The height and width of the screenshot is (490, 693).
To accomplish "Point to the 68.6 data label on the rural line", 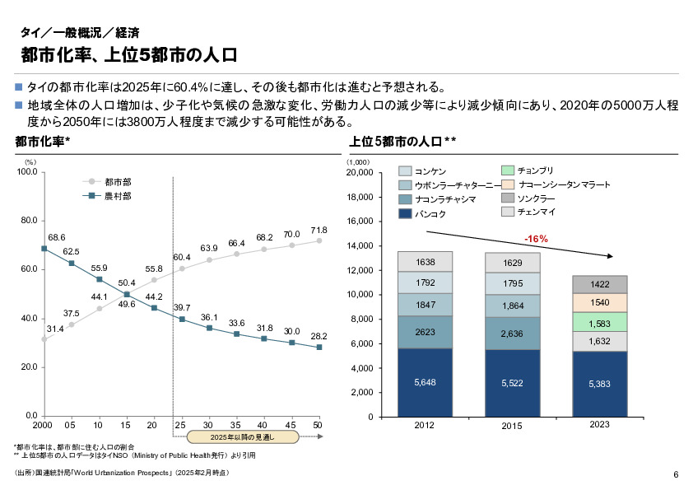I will [57, 237].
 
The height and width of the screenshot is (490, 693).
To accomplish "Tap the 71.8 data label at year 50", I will [319, 230].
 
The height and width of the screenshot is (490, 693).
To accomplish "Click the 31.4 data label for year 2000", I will [54, 329].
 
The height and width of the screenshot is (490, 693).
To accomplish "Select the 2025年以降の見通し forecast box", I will [241, 436].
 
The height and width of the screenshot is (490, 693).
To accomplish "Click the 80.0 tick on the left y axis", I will [27, 221].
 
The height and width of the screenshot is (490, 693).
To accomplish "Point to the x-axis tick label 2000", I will [44, 425].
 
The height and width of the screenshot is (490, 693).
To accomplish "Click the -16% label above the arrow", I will [536, 239].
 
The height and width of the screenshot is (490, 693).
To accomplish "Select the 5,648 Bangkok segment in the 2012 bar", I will [425, 382].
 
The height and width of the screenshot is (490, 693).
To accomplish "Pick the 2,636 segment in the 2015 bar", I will [512, 334].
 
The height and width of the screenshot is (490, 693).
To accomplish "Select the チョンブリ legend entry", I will [534, 170].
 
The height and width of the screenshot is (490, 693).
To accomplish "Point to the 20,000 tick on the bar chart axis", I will [360, 173].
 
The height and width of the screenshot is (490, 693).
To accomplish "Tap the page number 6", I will [675, 474].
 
